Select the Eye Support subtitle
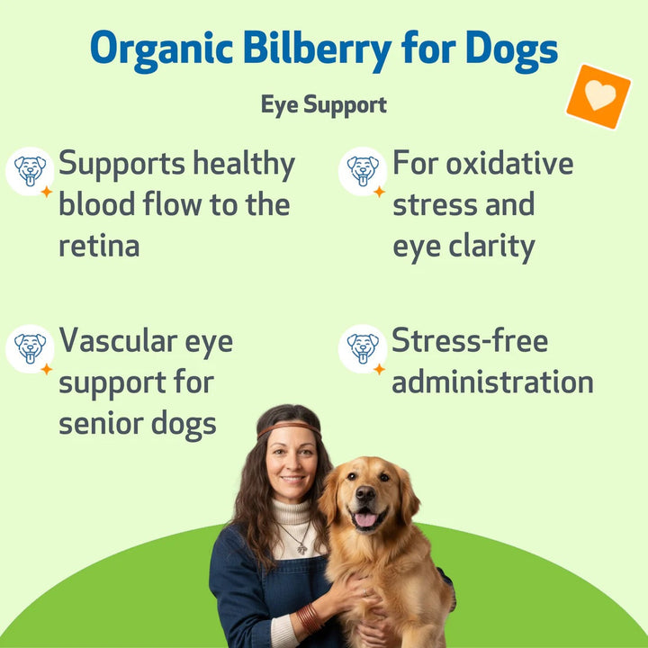point(323,104)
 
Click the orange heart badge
point(598,96)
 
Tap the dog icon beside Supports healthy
point(30,170)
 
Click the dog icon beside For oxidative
point(363,170)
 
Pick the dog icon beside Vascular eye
point(30,348)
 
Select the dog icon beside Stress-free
point(363,348)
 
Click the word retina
point(99,246)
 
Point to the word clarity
point(490,246)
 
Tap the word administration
point(492,382)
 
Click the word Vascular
point(116,342)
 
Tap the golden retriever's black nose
point(366,495)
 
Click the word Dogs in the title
point(510,50)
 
